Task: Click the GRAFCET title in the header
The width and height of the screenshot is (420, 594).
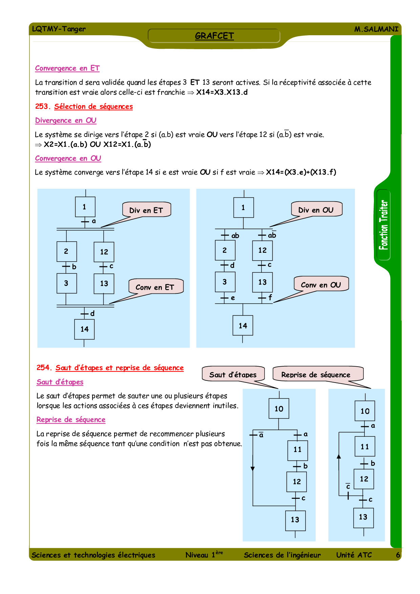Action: pos(214,36)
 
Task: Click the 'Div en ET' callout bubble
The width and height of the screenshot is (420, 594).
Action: pos(146,210)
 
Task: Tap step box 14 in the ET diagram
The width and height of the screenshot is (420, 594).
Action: pos(84,329)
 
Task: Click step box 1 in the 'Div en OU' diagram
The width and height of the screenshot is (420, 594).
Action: pos(243,207)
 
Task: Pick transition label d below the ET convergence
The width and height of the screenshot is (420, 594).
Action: pos(92,313)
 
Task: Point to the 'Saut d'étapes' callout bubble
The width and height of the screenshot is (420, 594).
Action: pos(233,374)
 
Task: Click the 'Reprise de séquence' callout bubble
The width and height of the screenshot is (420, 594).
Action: pos(316,374)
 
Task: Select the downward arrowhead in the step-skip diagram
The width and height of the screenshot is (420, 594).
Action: pos(253,469)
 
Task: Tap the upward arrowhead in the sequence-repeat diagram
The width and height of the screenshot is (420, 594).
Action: pos(339,456)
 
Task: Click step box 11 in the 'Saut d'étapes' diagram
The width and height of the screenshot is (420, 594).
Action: pos(297,450)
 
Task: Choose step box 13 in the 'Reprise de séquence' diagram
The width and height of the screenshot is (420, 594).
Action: pos(363,517)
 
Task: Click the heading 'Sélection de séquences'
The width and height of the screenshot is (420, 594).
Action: pos(93,106)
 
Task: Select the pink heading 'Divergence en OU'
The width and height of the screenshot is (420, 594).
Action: pos(66,121)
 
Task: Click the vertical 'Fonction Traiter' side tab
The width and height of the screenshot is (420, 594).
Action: pos(383,225)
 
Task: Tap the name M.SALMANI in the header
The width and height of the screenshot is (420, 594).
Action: pos(376,29)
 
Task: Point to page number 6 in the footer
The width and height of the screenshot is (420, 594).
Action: pos(398,555)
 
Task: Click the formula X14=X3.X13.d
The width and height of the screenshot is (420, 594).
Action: pos(222,92)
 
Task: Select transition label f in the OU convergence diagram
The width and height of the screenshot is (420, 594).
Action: pos(270,297)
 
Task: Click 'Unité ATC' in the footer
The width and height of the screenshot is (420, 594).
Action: pos(354,555)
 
